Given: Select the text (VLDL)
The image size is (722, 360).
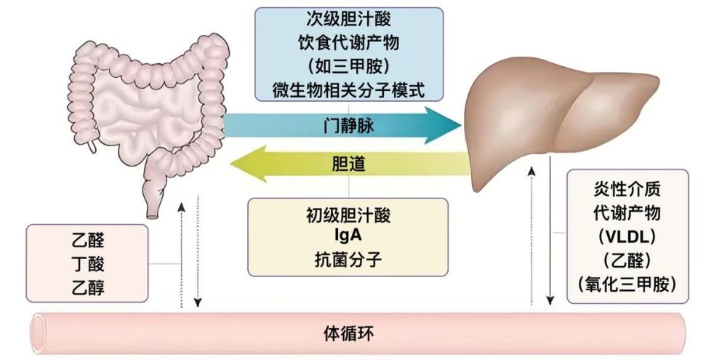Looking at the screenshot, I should coord(627,236).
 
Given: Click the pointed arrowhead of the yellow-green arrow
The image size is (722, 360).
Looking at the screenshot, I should coord(240,165).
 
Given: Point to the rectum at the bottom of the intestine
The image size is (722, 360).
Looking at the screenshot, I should coord(153,202).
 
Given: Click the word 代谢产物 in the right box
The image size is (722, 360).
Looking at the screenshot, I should coord(627,214).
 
